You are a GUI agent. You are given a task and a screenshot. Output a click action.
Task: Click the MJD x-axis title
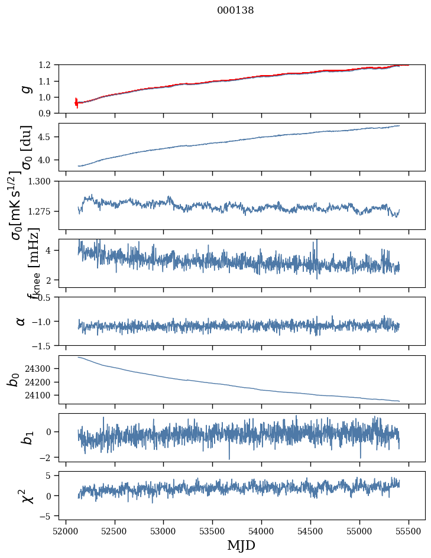click(241, 545)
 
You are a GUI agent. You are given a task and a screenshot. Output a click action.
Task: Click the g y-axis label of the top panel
click(25, 89)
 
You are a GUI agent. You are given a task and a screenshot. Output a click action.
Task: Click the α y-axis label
click(21, 321)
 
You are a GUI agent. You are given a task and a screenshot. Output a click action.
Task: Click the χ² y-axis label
click(27, 495)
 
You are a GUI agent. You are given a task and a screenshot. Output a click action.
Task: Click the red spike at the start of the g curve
click(76, 103)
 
